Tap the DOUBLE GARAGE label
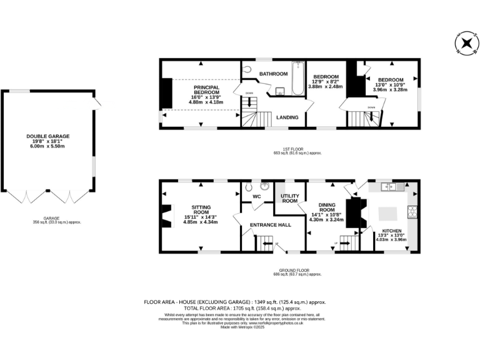pos(48,136)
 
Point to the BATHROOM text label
pos(273,74)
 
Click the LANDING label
pos(287,117)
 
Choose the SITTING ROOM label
pos(201,209)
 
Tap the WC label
pos(256,197)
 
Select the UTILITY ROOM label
pos(289,198)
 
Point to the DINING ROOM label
pos(328,207)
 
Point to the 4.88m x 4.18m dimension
pos(206,103)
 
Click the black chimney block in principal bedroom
pos(166,93)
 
